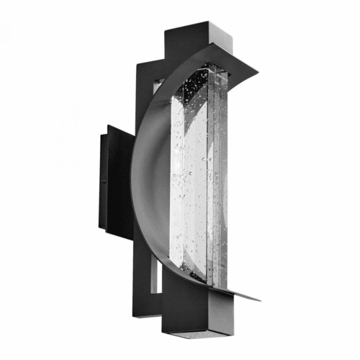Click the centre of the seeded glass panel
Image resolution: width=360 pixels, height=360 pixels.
point(194,180)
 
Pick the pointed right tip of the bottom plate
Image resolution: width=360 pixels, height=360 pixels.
point(260,298)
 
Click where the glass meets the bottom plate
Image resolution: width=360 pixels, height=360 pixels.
point(205,285)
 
